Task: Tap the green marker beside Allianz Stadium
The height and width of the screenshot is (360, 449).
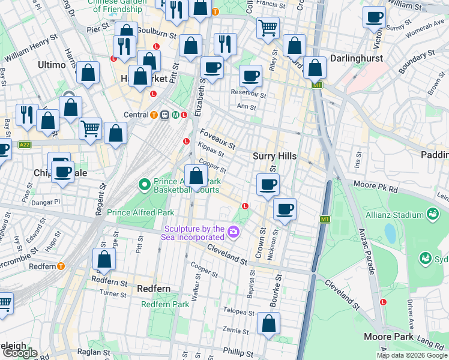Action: [x=432, y=214]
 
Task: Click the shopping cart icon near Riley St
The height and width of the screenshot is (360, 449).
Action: [x=268, y=26]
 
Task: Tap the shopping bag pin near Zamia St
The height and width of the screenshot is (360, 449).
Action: [x=269, y=323]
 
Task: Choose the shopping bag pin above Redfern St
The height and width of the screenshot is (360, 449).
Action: [x=104, y=259]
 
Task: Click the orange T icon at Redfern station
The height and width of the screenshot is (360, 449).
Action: [x=61, y=266]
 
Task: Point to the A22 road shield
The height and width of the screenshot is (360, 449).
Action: [x=25, y=145]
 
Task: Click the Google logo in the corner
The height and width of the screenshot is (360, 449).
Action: [x=19, y=353]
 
